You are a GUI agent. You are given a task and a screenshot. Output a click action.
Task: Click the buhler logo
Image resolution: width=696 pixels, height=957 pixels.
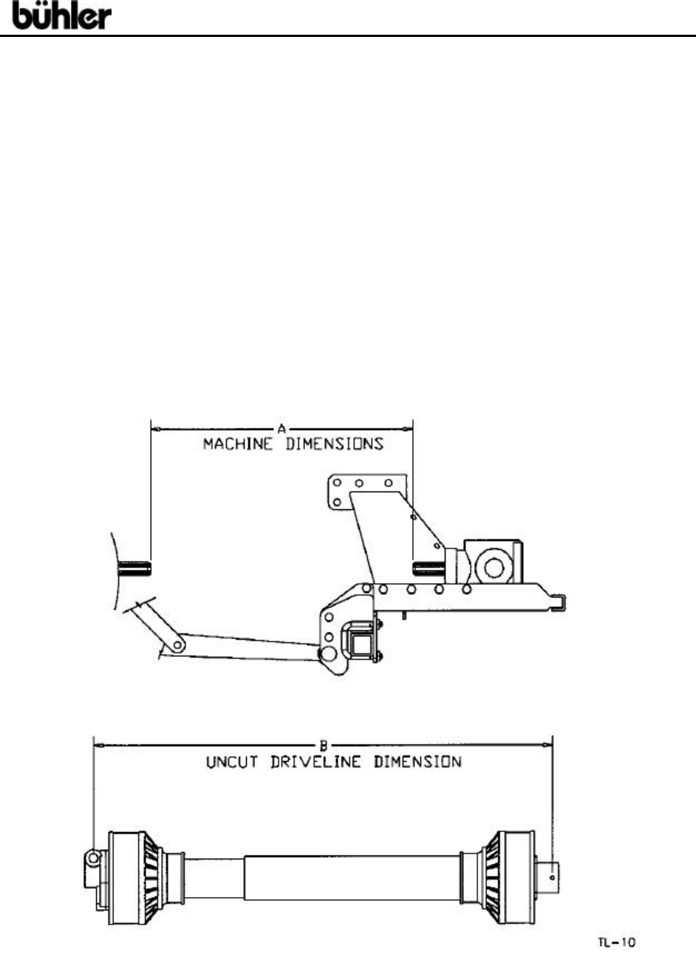tap(62, 16)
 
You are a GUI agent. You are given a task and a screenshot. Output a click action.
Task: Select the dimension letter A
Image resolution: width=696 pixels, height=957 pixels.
tap(282, 427)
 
